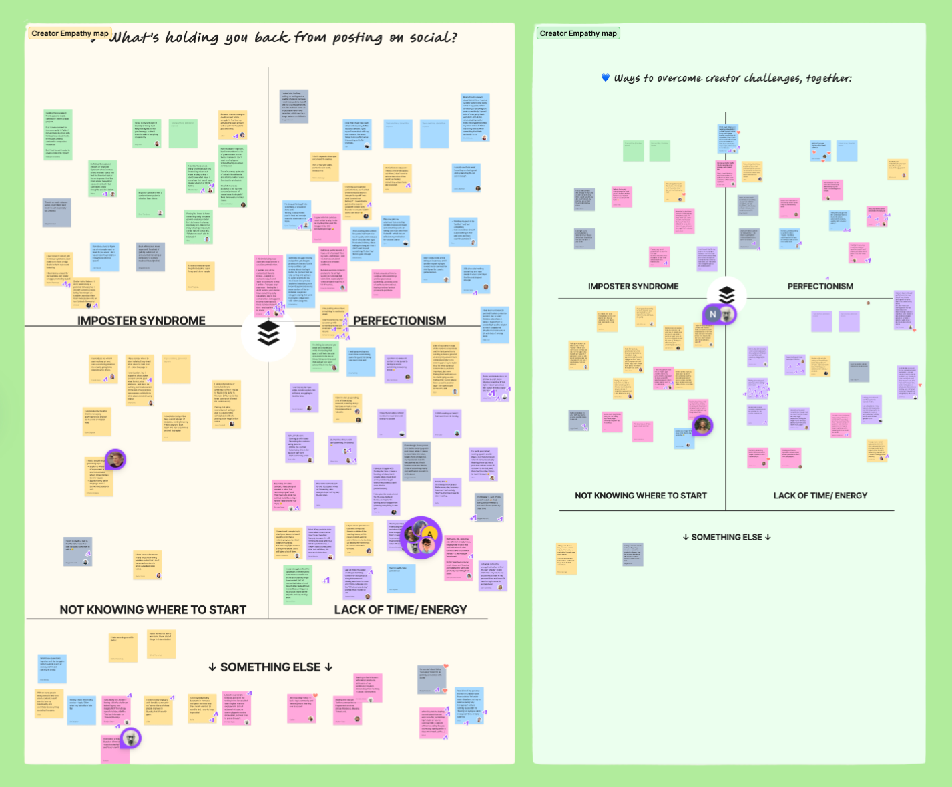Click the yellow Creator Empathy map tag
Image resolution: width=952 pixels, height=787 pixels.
coord(69,33)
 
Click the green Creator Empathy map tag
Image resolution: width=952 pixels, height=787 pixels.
coord(578,33)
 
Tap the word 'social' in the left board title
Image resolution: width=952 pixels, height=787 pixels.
coord(433,37)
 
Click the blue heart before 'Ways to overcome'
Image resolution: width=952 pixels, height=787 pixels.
coord(606,78)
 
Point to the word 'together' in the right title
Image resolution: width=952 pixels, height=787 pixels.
coord(828,78)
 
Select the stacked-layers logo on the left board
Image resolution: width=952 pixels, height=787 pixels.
coord(268,333)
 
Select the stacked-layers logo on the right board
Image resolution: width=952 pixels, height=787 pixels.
coord(726,295)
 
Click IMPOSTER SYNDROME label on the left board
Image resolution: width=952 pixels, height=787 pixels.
coord(142,321)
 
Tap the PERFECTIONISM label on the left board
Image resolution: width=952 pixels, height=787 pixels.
coord(399,321)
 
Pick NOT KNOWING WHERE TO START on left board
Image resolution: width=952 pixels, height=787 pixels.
coord(153,609)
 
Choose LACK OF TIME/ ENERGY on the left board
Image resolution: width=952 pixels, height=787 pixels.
coord(401,609)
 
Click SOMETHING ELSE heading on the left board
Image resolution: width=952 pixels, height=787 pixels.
coord(270,667)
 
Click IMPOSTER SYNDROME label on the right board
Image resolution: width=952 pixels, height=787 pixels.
coord(633,286)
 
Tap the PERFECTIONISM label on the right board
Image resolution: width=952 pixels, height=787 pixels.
coord(820,286)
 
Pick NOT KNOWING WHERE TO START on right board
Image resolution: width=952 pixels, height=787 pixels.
coord(640,496)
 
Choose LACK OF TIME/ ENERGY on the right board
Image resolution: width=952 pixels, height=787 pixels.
coord(820,496)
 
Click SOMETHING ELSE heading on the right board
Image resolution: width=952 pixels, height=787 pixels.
coord(726,537)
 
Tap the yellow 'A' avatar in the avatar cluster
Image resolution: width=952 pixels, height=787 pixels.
coord(430,533)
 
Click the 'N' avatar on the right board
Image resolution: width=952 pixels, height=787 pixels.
coord(712,314)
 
